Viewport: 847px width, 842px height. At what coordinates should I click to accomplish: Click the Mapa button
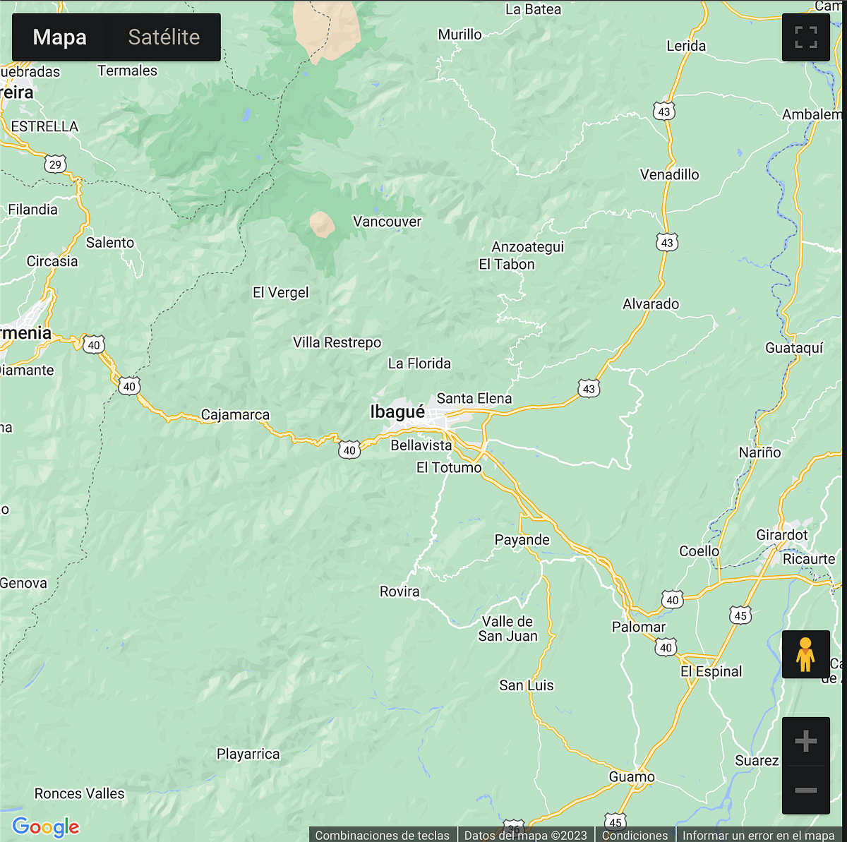point(60,37)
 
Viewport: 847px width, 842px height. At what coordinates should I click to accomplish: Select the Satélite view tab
point(164,37)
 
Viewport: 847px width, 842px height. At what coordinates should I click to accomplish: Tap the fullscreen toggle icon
point(805,37)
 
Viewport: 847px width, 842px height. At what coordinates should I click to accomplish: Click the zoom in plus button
point(805,741)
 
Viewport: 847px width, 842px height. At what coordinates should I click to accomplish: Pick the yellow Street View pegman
point(805,654)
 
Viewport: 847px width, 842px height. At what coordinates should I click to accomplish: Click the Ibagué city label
point(397,412)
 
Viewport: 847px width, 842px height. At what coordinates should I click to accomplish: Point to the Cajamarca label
point(235,415)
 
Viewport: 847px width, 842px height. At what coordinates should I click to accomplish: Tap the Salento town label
point(110,243)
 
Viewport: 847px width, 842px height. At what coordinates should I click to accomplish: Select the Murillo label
point(459,35)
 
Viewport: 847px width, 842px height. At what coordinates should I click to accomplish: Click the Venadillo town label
point(669,174)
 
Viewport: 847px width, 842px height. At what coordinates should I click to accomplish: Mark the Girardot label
point(781,535)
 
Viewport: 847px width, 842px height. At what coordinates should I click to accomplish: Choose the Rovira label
point(400,591)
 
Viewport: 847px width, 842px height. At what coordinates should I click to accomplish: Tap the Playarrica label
point(248,754)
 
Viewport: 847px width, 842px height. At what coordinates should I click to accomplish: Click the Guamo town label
point(632,777)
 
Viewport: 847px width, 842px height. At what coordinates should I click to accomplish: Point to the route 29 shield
point(55,164)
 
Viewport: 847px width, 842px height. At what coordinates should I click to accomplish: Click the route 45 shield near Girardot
point(740,615)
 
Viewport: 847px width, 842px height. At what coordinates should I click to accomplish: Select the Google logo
point(46,826)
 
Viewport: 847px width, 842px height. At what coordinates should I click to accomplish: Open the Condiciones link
point(635,835)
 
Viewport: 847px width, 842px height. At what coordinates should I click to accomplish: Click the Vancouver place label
point(387,222)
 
